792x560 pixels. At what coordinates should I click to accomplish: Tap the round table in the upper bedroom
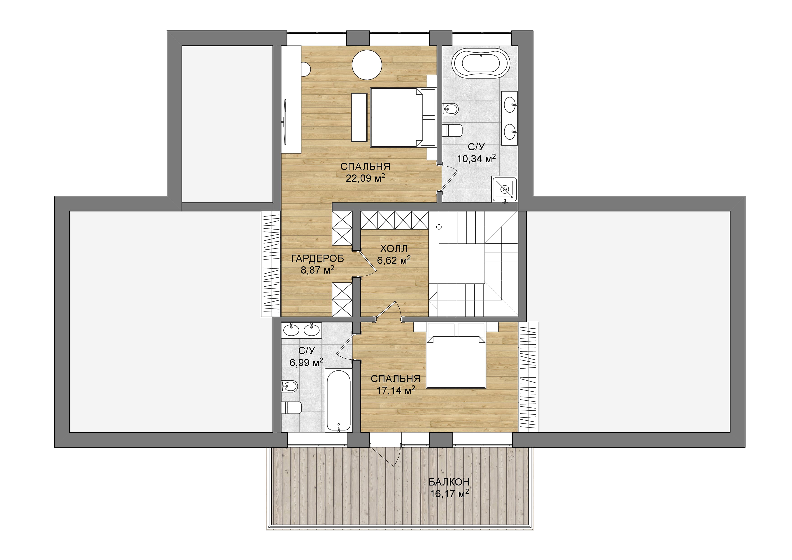tap(367, 65)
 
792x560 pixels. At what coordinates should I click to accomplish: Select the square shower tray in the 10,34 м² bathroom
tap(504, 189)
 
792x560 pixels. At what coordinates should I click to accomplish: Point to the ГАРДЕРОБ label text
tap(317, 258)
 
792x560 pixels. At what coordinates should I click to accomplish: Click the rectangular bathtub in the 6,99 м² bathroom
tap(339, 400)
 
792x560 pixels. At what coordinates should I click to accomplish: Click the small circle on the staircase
tap(439, 227)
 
